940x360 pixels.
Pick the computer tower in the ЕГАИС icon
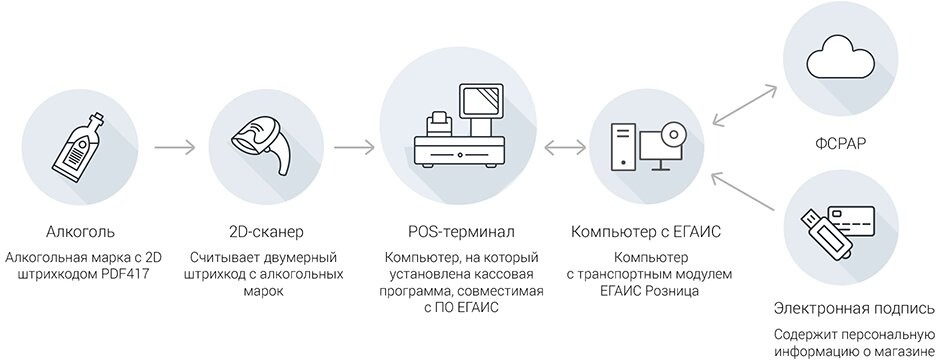pyautogui.click(x=622, y=146)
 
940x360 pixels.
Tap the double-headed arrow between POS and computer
pyautogui.click(x=566, y=149)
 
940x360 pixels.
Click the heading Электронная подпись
pyautogui.click(x=855, y=308)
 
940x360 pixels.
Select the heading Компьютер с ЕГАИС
pyautogui.click(x=645, y=233)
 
